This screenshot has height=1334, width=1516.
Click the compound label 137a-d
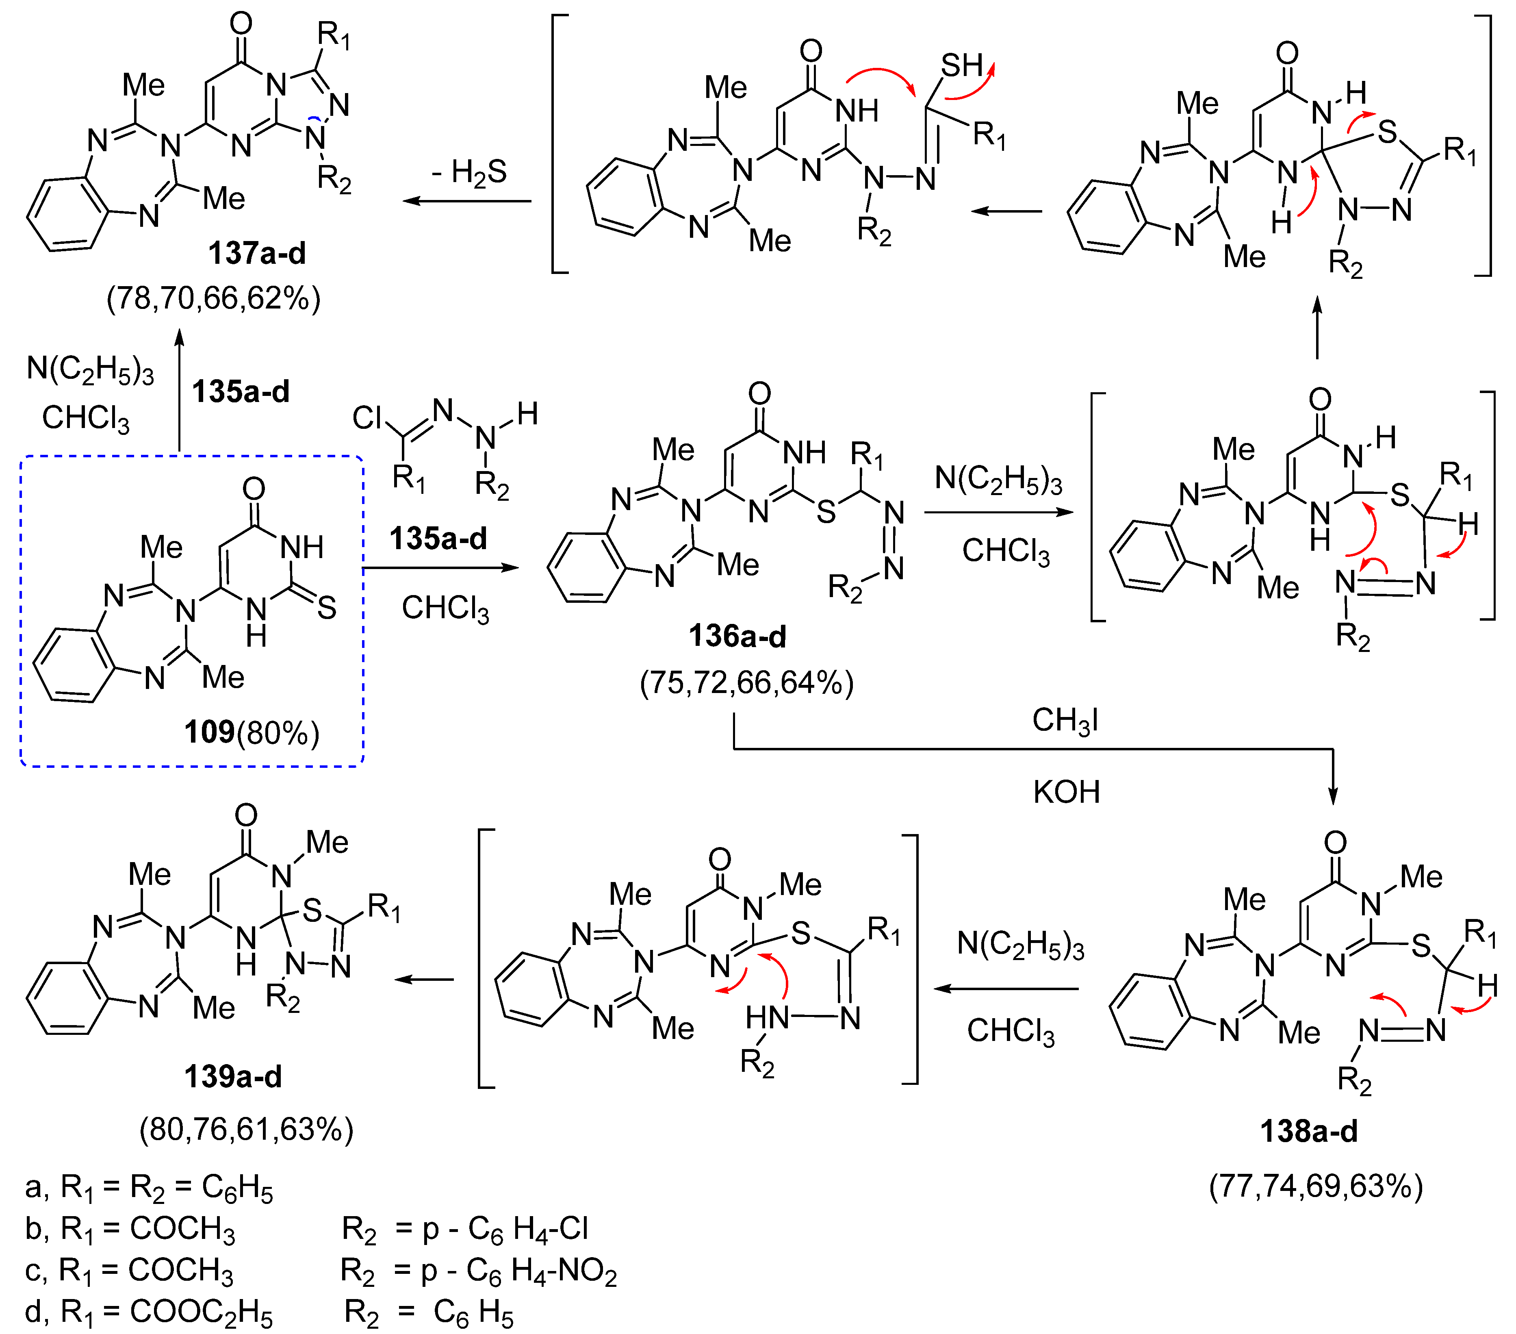pyautogui.click(x=257, y=254)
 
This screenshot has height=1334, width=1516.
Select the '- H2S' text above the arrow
pyautogui.click(x=469, y=173)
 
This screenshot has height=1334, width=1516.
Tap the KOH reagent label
pyautogui.click(x=1066, y=792)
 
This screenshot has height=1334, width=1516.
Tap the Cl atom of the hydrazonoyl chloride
pyautogui.click(x=367, y=418)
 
